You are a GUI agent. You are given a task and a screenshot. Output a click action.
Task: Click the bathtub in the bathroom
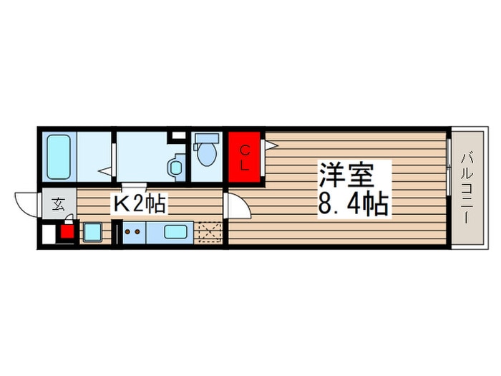click(59, 157)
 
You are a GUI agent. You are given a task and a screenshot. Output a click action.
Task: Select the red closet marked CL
click(244, 157)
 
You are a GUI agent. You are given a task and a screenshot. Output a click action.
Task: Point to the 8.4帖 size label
click(353, 203)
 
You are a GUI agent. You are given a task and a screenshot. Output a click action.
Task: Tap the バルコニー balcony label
click(467, 188)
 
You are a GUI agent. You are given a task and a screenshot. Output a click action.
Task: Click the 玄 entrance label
click(59, 204)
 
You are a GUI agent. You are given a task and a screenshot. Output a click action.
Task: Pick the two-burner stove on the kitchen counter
click(132, 231)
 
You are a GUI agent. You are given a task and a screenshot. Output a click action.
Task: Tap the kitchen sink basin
click(176, 232)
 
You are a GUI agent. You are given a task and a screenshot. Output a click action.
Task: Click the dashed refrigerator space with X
click(210, 232)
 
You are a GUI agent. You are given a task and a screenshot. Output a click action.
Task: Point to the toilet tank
click(207, 139)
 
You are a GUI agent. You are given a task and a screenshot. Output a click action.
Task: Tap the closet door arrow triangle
click(271, 146)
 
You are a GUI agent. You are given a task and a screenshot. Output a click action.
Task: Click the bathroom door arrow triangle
click(104, 171)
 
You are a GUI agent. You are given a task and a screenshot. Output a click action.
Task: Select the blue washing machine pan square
click(92, 232)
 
